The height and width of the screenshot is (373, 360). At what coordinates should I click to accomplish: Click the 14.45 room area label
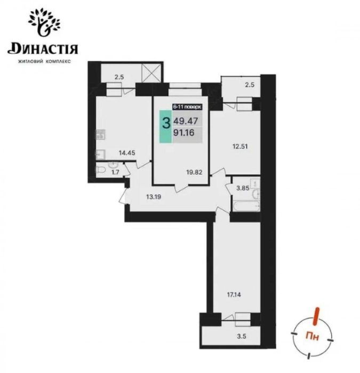point(127,153)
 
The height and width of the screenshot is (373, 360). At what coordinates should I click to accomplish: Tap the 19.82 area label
point(194,172)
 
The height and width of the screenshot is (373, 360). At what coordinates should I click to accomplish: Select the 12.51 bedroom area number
point(240,147)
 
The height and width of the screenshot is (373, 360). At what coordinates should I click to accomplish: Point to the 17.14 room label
point(234,295)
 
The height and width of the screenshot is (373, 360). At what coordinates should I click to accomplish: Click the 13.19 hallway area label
point(154,197)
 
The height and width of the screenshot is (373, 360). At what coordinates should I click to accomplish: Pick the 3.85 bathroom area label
point(243,188)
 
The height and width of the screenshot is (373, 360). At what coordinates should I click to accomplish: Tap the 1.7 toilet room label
point(115,172)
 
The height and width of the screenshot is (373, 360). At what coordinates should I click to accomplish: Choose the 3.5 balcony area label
point(242,336)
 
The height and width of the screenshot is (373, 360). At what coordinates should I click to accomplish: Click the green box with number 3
point(165,127)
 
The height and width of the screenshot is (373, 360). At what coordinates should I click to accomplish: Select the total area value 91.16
point(184,133)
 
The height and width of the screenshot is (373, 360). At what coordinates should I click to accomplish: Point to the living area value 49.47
point(186,121)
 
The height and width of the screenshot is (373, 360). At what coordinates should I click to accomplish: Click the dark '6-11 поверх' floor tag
point(187,107)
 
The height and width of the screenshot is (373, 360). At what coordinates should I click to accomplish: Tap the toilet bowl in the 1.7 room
point(101,169)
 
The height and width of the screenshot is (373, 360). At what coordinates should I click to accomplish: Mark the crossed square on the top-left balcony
point(151,73)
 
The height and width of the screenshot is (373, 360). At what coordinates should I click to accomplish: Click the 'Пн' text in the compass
point(312,337)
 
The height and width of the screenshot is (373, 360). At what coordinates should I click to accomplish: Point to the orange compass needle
point(316,316)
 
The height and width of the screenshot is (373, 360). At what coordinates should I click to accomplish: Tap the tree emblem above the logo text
point(44,22)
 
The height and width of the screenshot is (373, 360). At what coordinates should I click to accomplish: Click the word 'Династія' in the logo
point(43,49)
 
